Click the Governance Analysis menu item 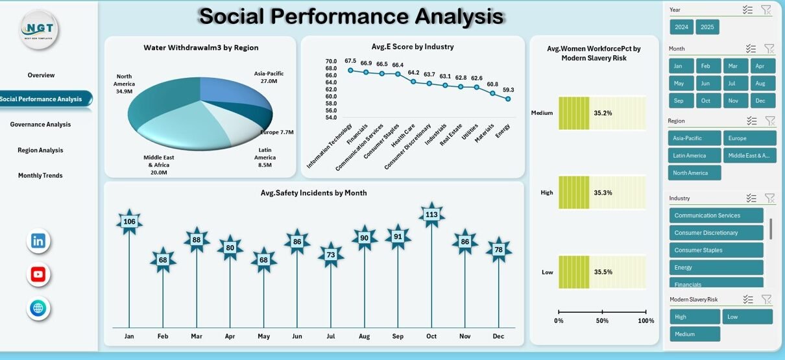tap(40, 125)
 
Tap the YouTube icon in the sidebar tap(38, 274)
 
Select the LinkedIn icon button tap(38, 241)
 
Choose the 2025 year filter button tap(707, 27)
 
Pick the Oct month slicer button tap(706, 101)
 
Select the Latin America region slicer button tap(694, 156)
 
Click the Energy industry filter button tap(716, 267)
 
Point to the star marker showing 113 tap(431, 215)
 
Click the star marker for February tap(163, 260)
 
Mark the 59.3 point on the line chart tap(508, 99)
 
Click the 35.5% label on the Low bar tap(603, 272)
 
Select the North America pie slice tap(162, 97)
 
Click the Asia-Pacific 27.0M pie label tap(269, 77)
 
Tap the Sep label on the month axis tap(398, 336)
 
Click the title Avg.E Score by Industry tap(413, 47)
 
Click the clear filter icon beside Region tap(769, 121)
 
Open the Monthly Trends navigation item tap(40, 176)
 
